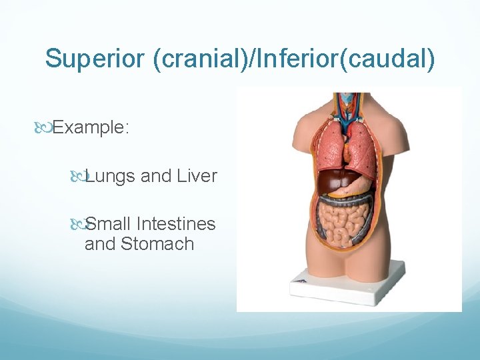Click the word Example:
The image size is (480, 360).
pyautogui.click(x=91, y=127)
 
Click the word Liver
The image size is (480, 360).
pyautogui.click(x=197, y=176)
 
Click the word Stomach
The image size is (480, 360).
pyautogui.click(x=157, y=244)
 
